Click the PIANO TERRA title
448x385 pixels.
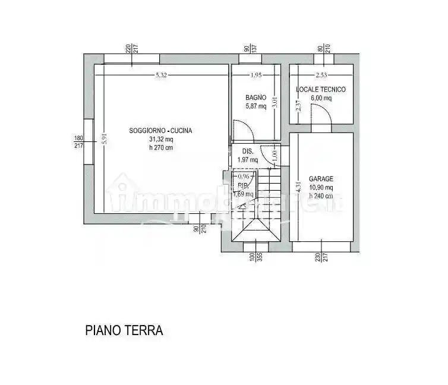point(124,330)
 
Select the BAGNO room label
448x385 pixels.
point(256,97)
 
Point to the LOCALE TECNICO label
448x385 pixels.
point(321,90)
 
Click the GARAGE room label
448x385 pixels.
point(321,178)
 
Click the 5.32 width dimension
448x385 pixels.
point(161,75)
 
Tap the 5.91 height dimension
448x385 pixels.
point(104,138)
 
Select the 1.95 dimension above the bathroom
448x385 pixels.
point(255,75)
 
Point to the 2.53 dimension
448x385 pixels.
point(321,75)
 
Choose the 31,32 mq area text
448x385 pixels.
point(161,140)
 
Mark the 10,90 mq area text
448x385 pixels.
point(321,187)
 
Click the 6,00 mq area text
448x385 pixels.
point(321,98)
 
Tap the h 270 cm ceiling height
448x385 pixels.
point(161,148)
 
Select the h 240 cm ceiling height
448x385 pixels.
point(321,195)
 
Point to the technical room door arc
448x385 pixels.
point(321,113)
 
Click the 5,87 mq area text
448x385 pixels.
point(256,106)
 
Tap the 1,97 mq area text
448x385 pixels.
point(248,159)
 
